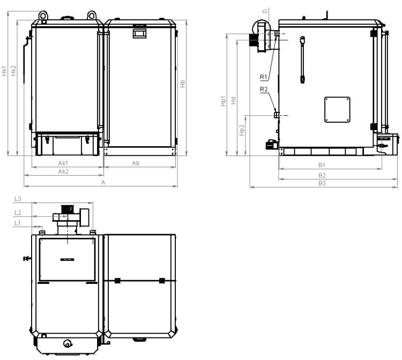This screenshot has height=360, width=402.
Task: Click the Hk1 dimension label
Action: click(x=4, y=71)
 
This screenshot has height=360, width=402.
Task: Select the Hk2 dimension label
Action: click(x=13, y=71)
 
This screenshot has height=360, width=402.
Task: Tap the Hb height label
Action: click(x=182, y=84)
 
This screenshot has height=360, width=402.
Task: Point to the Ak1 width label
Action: click(x=63, y=163)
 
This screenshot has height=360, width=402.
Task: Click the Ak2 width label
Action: click(x=63, y=171)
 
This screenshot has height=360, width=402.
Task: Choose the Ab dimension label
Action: click(x=136, y=163)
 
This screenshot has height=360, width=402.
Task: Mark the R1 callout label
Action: click(x=264, y=77)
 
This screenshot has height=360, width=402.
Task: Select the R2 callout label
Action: click(x=264, y=89)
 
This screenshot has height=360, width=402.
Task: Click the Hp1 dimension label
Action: click(x=224, y=101)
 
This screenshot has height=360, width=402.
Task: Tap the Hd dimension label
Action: click(x=233, y=100)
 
